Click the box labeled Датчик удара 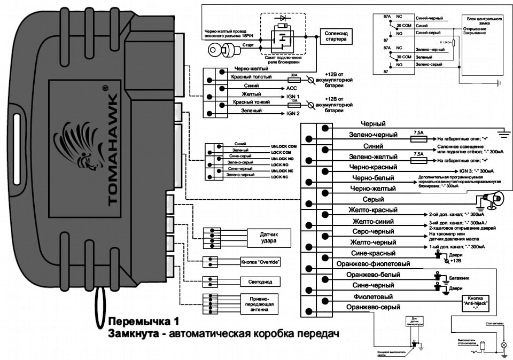[x=268, y=237]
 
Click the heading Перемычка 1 [x=142, y=322]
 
